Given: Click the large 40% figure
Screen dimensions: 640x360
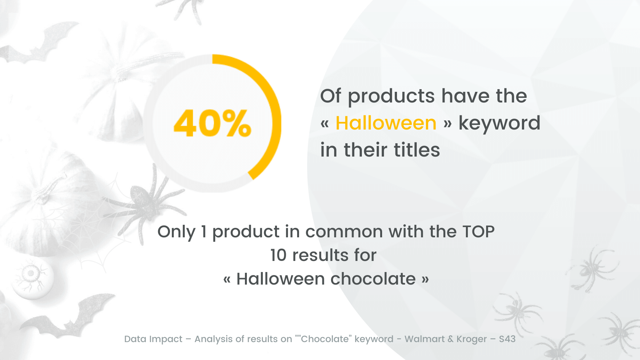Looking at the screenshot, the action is click(212, 123).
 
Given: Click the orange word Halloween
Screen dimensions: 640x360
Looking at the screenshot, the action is click(386, 123).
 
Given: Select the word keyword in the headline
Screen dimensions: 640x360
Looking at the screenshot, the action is click(499, 124).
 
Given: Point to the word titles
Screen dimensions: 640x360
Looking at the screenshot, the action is click(417, 150).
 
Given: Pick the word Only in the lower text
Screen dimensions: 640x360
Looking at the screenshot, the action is click(176, 232).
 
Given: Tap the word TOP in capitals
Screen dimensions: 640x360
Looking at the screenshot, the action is click(478, 232).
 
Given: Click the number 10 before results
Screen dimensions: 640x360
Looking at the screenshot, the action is click(278, 255).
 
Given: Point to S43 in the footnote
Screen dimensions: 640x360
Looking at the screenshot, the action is click(507, 339).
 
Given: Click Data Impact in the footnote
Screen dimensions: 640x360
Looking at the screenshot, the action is click(153, 339).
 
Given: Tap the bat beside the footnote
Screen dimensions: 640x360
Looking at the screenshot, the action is click(67, 317).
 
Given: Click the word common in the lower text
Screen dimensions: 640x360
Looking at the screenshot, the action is click(344, 232).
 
